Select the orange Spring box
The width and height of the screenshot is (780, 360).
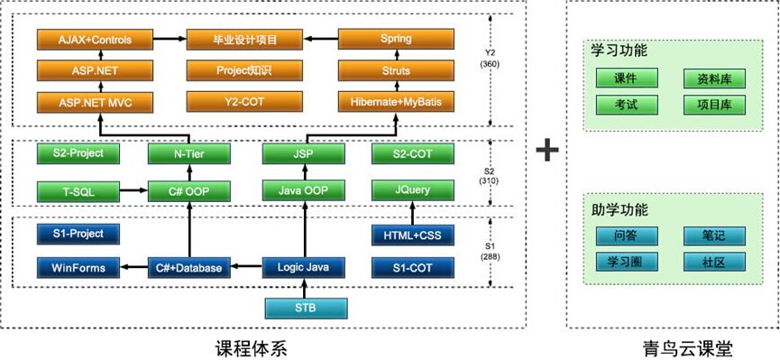click(396, 40)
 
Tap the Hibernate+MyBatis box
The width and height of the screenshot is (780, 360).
click(396, 102)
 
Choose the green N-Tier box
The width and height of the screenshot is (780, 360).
click(188, 154)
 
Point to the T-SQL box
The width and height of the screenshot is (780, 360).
click(78, 190)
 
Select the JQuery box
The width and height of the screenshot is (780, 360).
click(413, 190)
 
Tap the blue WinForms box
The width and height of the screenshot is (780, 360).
click(78, 267)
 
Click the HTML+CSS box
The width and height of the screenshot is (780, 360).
click(413, 235)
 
